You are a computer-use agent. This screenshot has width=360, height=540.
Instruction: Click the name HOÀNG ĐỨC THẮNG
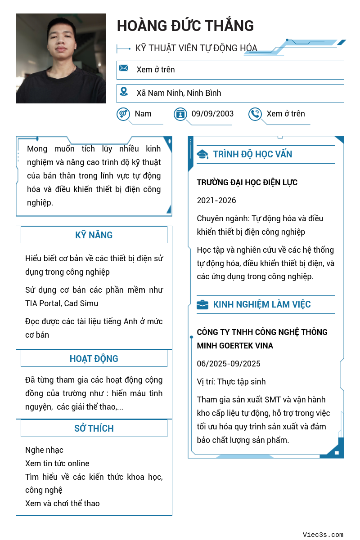185,26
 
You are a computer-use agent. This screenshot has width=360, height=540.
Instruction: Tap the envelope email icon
124,68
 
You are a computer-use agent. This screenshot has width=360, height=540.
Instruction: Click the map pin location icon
124,92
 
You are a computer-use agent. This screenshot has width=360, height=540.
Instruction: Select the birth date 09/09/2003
212,114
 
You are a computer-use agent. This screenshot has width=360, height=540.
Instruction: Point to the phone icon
255,114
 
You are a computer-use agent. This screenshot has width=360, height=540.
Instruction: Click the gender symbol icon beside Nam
123,114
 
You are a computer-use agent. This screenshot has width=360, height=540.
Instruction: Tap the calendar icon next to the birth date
180,114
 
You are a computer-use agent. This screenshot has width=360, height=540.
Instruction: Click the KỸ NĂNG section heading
94,235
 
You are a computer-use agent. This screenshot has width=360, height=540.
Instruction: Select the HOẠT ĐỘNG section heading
94,359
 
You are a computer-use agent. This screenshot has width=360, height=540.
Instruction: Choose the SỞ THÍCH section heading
94,428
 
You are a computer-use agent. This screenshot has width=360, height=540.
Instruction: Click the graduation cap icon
202,155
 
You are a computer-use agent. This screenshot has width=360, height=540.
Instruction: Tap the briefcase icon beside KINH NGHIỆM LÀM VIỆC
202,305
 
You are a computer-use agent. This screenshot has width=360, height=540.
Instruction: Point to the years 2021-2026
216,201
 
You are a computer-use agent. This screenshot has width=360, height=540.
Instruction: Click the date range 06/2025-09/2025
229,364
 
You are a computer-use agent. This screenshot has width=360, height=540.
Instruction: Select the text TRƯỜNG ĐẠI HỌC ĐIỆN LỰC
247,183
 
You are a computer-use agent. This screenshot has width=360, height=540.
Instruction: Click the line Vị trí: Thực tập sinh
231,382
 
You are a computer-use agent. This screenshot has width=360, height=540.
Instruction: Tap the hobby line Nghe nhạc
44,450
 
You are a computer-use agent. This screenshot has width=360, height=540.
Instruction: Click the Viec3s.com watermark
323,535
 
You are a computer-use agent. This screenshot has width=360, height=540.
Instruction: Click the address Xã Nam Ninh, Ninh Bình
179,93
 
